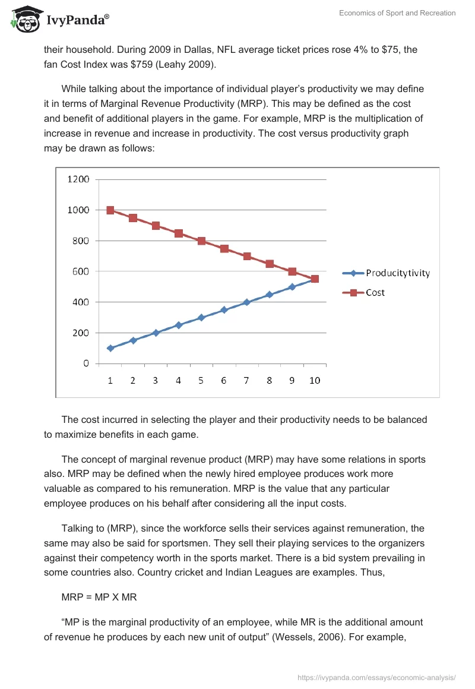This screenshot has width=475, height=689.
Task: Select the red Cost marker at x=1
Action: pos(110,210)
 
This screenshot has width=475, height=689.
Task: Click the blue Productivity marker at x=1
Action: pos(110,348)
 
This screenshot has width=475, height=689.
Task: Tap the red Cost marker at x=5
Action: pos(201,241)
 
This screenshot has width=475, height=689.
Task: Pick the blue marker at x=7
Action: pos(247,302)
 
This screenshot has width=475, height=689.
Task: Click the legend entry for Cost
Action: pos(375,292)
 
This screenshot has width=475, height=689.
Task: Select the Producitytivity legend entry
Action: pos(397,273)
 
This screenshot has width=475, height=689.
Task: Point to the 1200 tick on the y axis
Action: pos(78,179)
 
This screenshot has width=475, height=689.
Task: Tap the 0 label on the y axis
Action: pos(86,364)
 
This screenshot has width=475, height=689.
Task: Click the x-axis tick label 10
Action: pos(315,381)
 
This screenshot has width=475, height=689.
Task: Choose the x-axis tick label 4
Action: pos(178,381)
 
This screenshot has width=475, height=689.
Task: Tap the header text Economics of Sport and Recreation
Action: pos(397,13)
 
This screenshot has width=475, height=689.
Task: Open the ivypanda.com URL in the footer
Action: pos(376,677)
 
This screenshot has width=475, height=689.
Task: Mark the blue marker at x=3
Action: pos(156,333)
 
